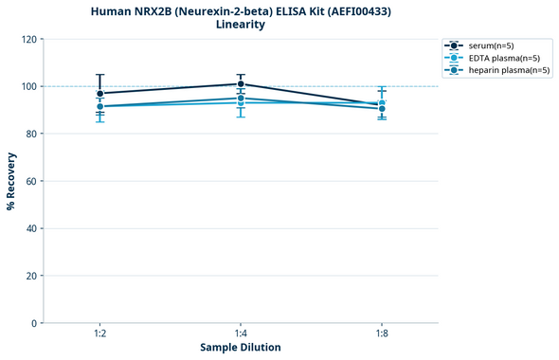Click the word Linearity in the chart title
pyautogui.click(x=241, y=25)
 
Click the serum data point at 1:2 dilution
pyautogui.click(x=100, y=94)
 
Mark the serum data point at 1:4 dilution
pyautogui.click(x=241, y=84)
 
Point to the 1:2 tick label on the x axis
pyautogui.click(x=100, y=334)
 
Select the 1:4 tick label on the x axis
pyautogui.click(x=241, y=334)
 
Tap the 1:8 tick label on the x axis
pyautogui.click(x=382, y=334)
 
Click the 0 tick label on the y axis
pyautogui.click(x=33, y=323)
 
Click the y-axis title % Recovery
pyautogui.click(x=10, y=181)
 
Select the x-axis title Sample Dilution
pyautogui.click(x=241, y=348)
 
